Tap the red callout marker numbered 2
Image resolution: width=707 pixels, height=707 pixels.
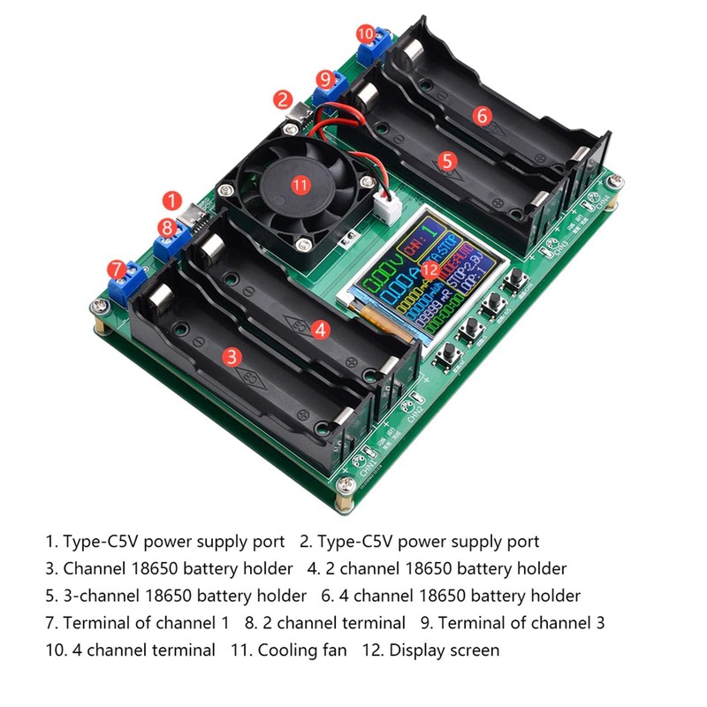283,98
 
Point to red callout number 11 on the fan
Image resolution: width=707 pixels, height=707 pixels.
301,185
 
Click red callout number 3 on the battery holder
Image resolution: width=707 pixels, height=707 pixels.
232,356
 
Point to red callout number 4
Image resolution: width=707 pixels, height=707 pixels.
321,330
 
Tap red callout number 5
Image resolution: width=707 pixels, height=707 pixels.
447,161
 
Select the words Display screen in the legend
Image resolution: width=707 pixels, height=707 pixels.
445,650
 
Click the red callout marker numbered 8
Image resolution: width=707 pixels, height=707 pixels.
168,228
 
